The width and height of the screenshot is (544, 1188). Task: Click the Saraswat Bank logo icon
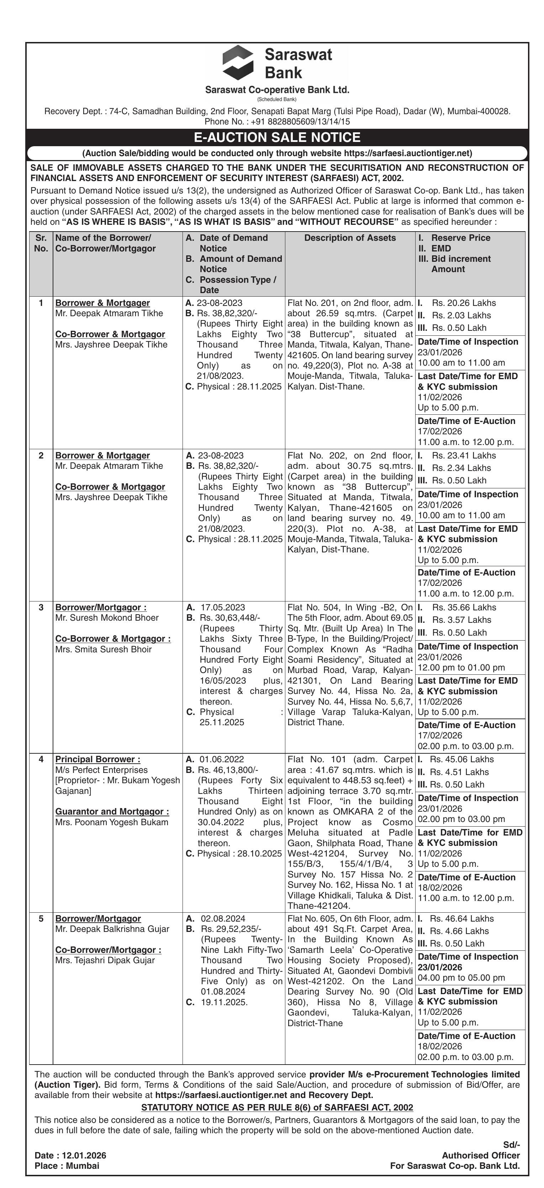click(x=238, y=63)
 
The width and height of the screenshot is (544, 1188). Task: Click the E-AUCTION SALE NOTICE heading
click(x=277, y=137)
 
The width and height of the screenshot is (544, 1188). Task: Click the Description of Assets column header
click(x=350, y=238)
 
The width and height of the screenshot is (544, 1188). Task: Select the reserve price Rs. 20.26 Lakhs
click(x=464, y=303)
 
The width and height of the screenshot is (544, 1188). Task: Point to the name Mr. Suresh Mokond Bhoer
click(x=107, y=618)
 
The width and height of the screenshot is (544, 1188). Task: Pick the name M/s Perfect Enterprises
click(x=101, y=770)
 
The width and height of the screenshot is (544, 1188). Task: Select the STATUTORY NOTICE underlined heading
click(x=277, y=1107)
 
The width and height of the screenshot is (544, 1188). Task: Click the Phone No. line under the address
click(x=277, y=122)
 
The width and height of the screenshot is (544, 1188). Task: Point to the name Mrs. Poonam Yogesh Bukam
click(x=112, y=822)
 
